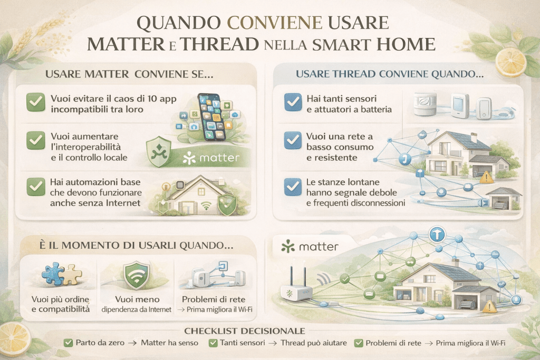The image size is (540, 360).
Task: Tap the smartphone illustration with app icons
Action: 210,116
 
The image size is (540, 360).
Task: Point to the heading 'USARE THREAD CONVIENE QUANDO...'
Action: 390,75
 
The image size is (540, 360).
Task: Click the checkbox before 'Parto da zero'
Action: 68,343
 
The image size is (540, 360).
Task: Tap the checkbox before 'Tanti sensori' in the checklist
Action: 214,343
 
